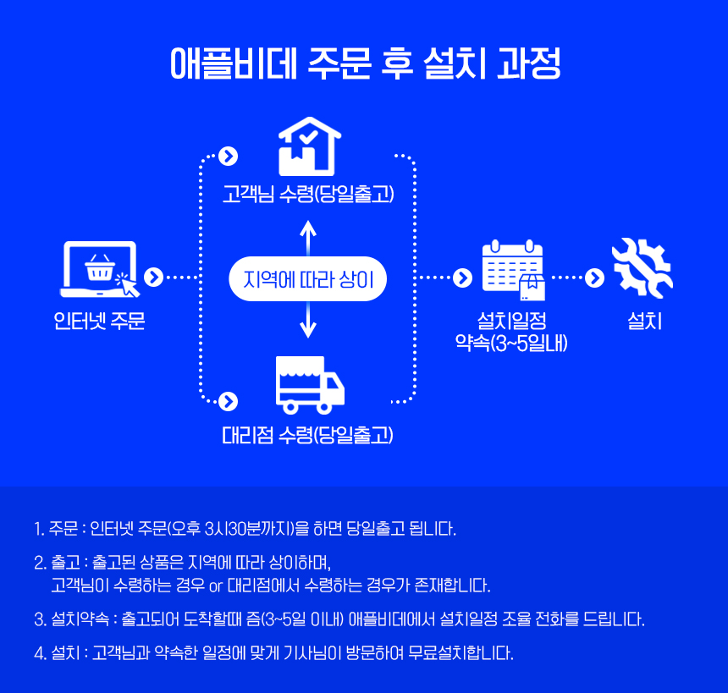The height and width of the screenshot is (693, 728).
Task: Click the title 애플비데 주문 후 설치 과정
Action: click(364, 64)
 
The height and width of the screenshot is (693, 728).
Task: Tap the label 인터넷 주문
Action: click(99, 322)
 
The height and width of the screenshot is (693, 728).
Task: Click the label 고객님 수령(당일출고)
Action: click(308, 195)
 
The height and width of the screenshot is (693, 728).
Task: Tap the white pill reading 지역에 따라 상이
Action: click(308, 278)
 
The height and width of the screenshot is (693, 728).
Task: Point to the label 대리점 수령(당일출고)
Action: click(308, 436)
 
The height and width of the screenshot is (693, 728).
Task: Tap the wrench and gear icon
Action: click(642, 267)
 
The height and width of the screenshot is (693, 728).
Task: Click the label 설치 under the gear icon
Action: click(644, 322)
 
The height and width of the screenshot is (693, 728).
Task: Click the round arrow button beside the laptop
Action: click(153, 277)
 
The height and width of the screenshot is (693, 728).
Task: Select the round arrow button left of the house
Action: click(228, 156)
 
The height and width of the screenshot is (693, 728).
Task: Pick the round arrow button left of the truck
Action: click(228, 400)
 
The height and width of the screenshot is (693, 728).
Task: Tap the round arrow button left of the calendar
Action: click(462, 277)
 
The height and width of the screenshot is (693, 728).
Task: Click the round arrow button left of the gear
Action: click(595, 277)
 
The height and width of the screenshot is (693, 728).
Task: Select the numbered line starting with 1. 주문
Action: click(245, 530)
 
